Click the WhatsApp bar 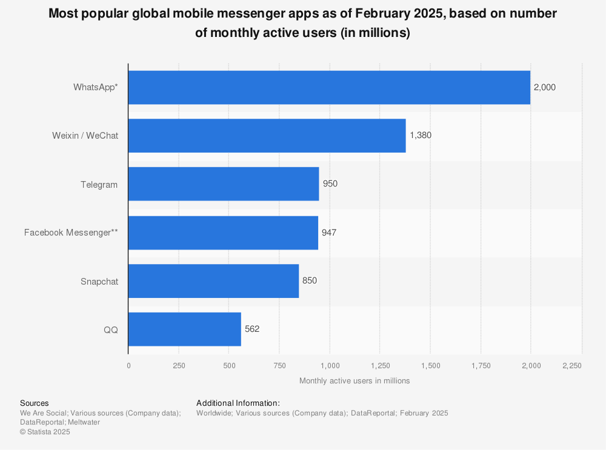tap(329, 87)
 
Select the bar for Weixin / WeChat tap(267, 136)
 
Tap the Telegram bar tap(224, 184)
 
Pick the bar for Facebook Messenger tap(223, 233)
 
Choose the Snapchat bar tap(213, 281)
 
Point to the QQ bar tap(185, 329)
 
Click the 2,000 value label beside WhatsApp tap(544, 87)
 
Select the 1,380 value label tap(421, 136)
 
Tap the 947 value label tap(329, 233)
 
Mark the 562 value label tap(252, 329)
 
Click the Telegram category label tap(99, 184)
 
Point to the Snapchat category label tap(99, 281)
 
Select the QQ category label tap(110, 329)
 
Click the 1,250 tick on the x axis tap(380, 365)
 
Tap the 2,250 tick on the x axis tap(571, 365)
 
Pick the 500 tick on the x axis tap(229, 365)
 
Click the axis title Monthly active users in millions tap(355, 381)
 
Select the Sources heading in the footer tap(35, 403)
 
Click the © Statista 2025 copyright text tap(45, 432)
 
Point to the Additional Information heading tap(238, 403)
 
